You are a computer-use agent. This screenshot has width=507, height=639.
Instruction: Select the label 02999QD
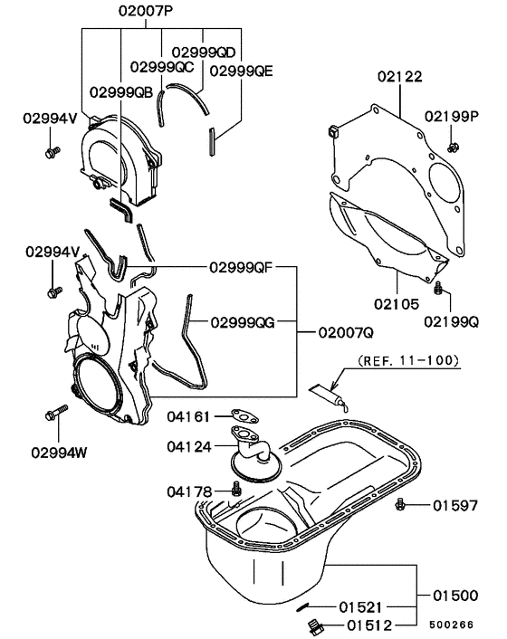[x=203, y=52]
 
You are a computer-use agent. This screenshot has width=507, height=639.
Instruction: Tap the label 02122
[x=400, y=79]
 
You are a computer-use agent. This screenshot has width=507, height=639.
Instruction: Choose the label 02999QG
[x=243, y=321]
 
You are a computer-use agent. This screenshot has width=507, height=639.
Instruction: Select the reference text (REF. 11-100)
[x=408, y=359]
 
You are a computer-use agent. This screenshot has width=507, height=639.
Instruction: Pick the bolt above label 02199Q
[x=437, y=289]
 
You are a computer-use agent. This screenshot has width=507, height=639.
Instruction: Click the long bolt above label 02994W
[x=51, y=415]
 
